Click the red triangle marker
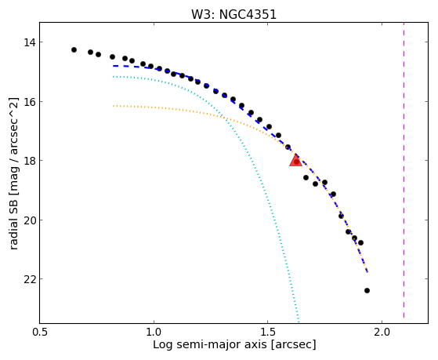click(295, 160)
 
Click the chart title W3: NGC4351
click(233, 15)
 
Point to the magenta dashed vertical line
click(404, 170)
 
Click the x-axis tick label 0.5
click(40, 332)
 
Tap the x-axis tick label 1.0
click(154, 332)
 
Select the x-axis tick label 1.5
click(268, 332)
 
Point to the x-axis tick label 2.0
click(382, 332)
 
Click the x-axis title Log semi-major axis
click(210, 344)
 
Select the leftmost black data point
click(74, 49)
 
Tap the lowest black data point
click(367, 291)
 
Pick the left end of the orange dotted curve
click(113, 106)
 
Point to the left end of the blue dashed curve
click(113, 66)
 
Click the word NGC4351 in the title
click(248, 15)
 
